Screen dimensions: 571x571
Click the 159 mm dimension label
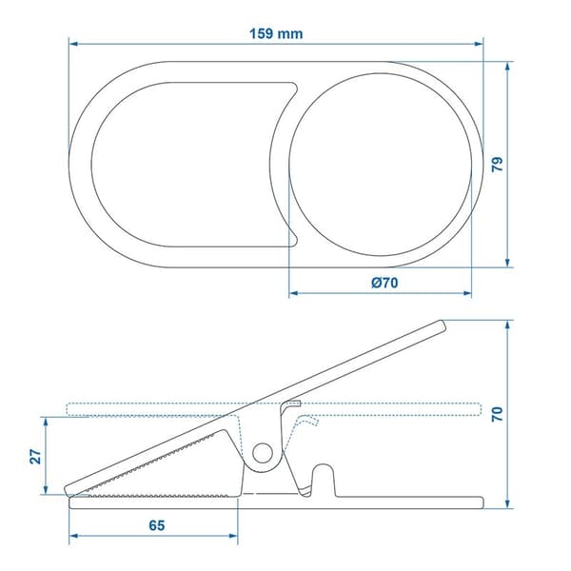coord(276,33)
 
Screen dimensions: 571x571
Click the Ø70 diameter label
coord(384,283)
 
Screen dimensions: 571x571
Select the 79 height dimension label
coord(497,164)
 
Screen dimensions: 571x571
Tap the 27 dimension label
coord(35,456)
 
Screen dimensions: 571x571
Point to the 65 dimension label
coord(157,525)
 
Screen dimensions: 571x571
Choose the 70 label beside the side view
coord(497,414)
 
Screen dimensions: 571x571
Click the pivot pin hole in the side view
coord(263,453)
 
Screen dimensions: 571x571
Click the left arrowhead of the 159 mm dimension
coord(73,44)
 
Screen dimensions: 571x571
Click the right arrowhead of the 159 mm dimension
coord(479,44)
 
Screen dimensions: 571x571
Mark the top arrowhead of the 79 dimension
coord(508,66)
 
